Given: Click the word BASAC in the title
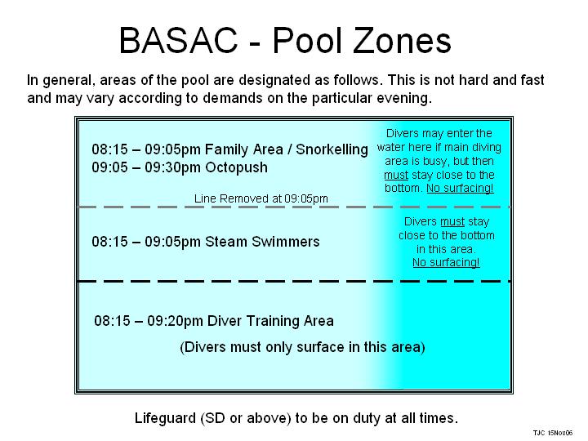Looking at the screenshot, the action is pyautogui.click(x=179, y=41).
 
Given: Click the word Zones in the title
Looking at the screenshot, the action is pyautogui.click(x=402, y=41).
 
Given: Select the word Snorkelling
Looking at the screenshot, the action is pyautogui.click(x=332, y=149).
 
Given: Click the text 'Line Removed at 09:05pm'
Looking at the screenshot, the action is pyautogui.click(x=261, y=198).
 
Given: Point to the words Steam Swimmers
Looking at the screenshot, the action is pyautogui.click(x=262, y=242).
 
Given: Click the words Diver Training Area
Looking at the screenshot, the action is pyautogui.click(x=270, y=321).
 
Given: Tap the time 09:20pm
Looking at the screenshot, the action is pyautogui.click(x=175, y=321).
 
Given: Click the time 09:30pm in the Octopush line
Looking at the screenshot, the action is pyautogui.click(x=173, y=167).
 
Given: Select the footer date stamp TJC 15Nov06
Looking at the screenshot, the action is pyautogui.click(x=553, y=433).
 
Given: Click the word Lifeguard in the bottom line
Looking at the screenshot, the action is pyautogui.click(x=165, y=418).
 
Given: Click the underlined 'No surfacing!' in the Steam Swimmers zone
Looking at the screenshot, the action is pyautogui.click(x=446, y=262).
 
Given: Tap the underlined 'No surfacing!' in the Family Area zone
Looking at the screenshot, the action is pyautogui.click(x=460, y=188).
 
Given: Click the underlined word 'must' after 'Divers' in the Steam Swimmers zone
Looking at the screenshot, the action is pyautogui.click(x=452, y=221).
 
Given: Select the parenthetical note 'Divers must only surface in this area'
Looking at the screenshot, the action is pyautogui.click(x=302, y=347).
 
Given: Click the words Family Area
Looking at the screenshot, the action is pyautogui.click(x=244, y=149).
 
